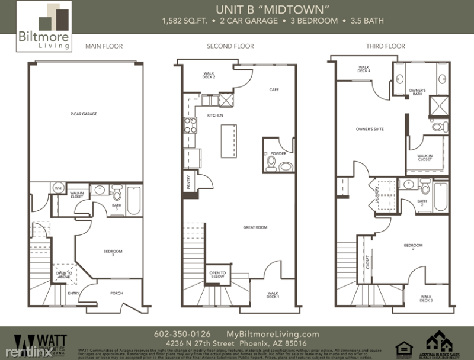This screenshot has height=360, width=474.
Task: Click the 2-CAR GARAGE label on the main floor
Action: click(x=84, y=114)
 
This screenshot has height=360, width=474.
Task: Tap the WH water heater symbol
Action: click(x=58, y=188)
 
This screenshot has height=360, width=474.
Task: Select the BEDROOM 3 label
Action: click(x=113, y=253)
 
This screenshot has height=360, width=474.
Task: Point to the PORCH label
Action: click(x=117, y=293)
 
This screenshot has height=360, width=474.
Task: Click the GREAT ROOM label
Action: click(x=254, y=227)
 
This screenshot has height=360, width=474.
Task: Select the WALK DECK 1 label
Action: click(x=273, y=294)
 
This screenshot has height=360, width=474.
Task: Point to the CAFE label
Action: click(x=274, y=90)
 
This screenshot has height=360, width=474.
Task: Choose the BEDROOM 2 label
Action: click(x=413, y=246)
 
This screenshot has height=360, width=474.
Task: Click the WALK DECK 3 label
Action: click(x=427, y=298)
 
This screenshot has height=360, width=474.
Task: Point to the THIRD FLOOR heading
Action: click(x=385, y=46)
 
